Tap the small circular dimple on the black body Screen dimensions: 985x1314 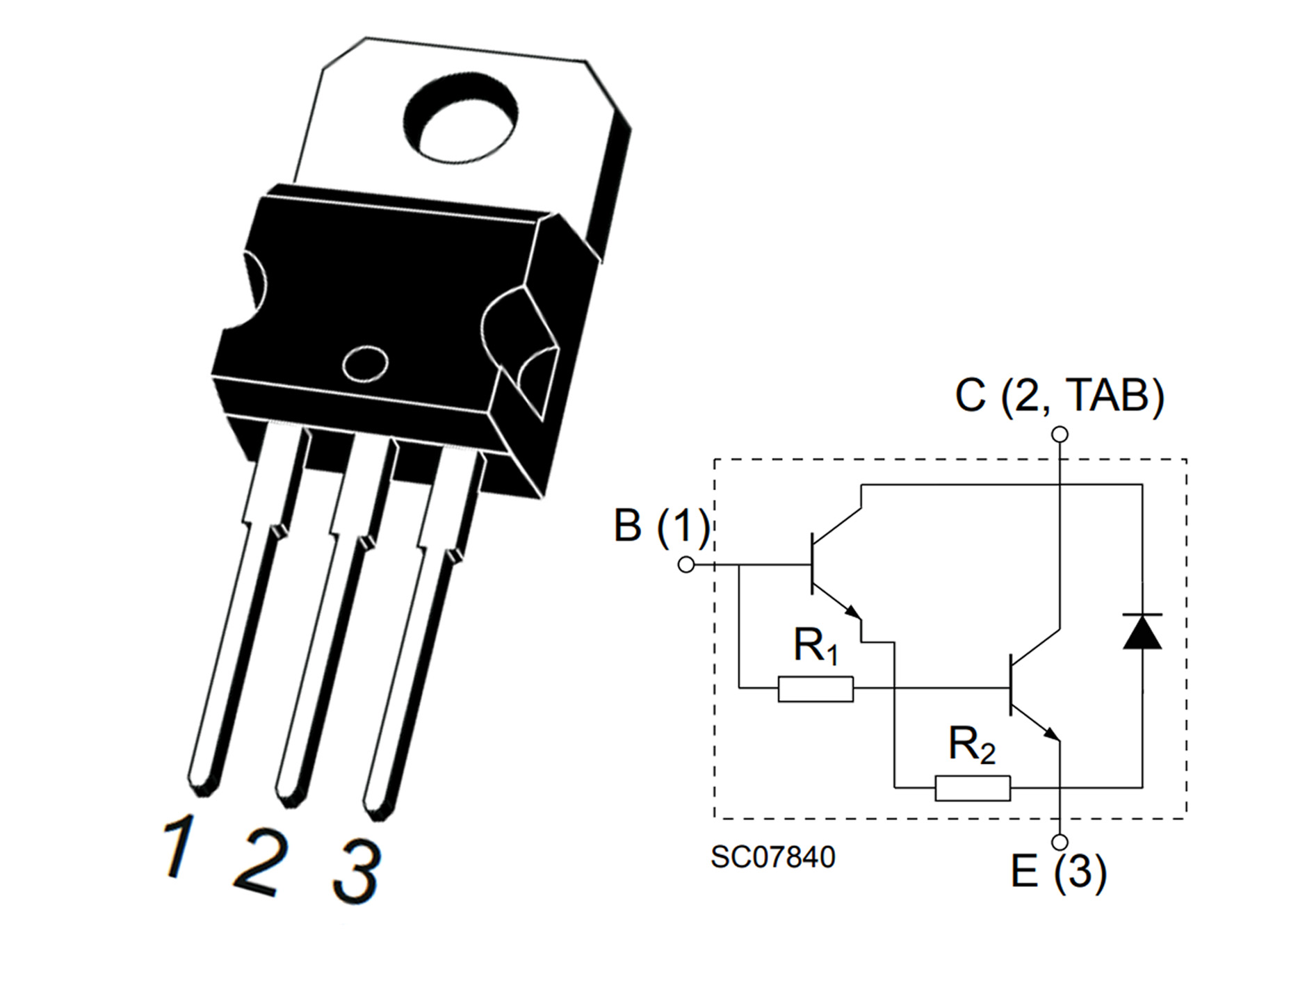[366, 364]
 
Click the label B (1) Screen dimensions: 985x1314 [661, 526]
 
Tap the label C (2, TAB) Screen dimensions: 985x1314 [1059, 396]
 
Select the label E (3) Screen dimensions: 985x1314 [1057, 872]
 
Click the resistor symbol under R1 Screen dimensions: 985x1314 [816, 689]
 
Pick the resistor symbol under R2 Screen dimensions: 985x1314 [972, 788]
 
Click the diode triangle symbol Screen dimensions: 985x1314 [1142, 633]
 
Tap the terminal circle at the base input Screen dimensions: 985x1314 [686, 565]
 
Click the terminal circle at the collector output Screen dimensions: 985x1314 [1060, 435]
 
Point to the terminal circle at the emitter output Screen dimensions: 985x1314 [1060, 842]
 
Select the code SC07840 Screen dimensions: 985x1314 [772, 857]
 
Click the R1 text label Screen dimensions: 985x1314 [815, 646]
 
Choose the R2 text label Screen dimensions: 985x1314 [971, 746]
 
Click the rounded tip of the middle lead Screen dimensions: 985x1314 [291, 797]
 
